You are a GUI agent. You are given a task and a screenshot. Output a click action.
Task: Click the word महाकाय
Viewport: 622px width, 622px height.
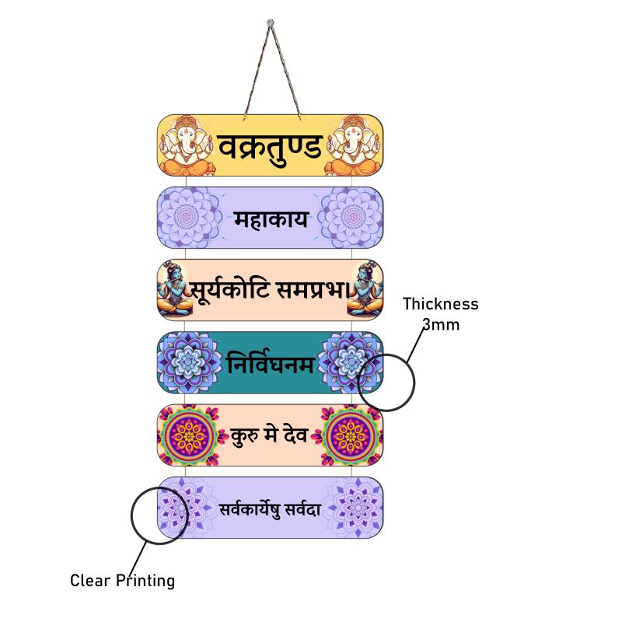pyautogui.click(x=271, y=219)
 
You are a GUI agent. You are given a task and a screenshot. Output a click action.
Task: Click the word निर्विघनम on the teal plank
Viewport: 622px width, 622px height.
pyautogui.click(x=271, y=364)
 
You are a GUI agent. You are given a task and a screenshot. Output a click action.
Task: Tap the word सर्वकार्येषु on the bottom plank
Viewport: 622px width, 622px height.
pyautogui.click(x=247, y=509)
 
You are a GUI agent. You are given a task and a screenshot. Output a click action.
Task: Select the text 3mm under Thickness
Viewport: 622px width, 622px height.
pyautogui.click(x=441, y=324)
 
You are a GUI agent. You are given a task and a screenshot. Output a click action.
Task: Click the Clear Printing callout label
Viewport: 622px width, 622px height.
pyautogui.click(x=122, y=580)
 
